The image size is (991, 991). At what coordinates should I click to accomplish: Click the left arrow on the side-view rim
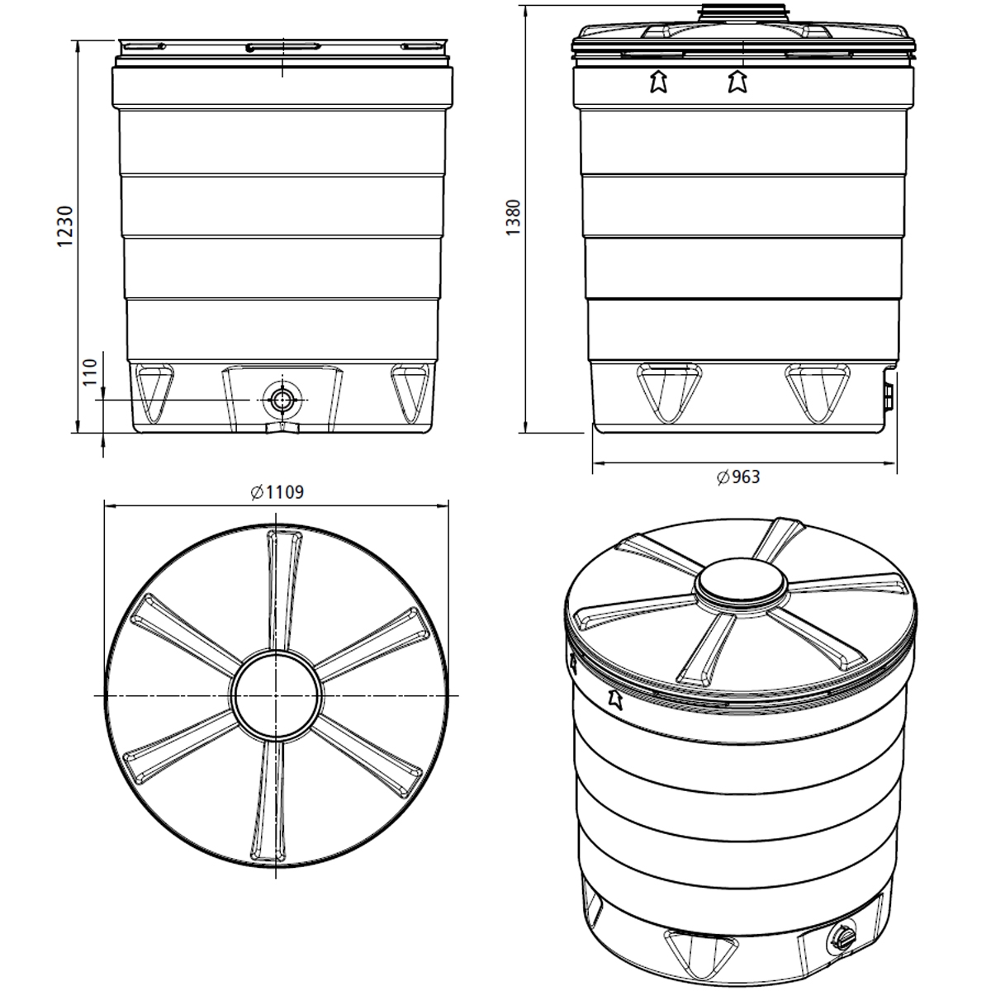[x=658, y=81]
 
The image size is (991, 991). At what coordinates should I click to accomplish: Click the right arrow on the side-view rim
[x=737, y=81]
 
